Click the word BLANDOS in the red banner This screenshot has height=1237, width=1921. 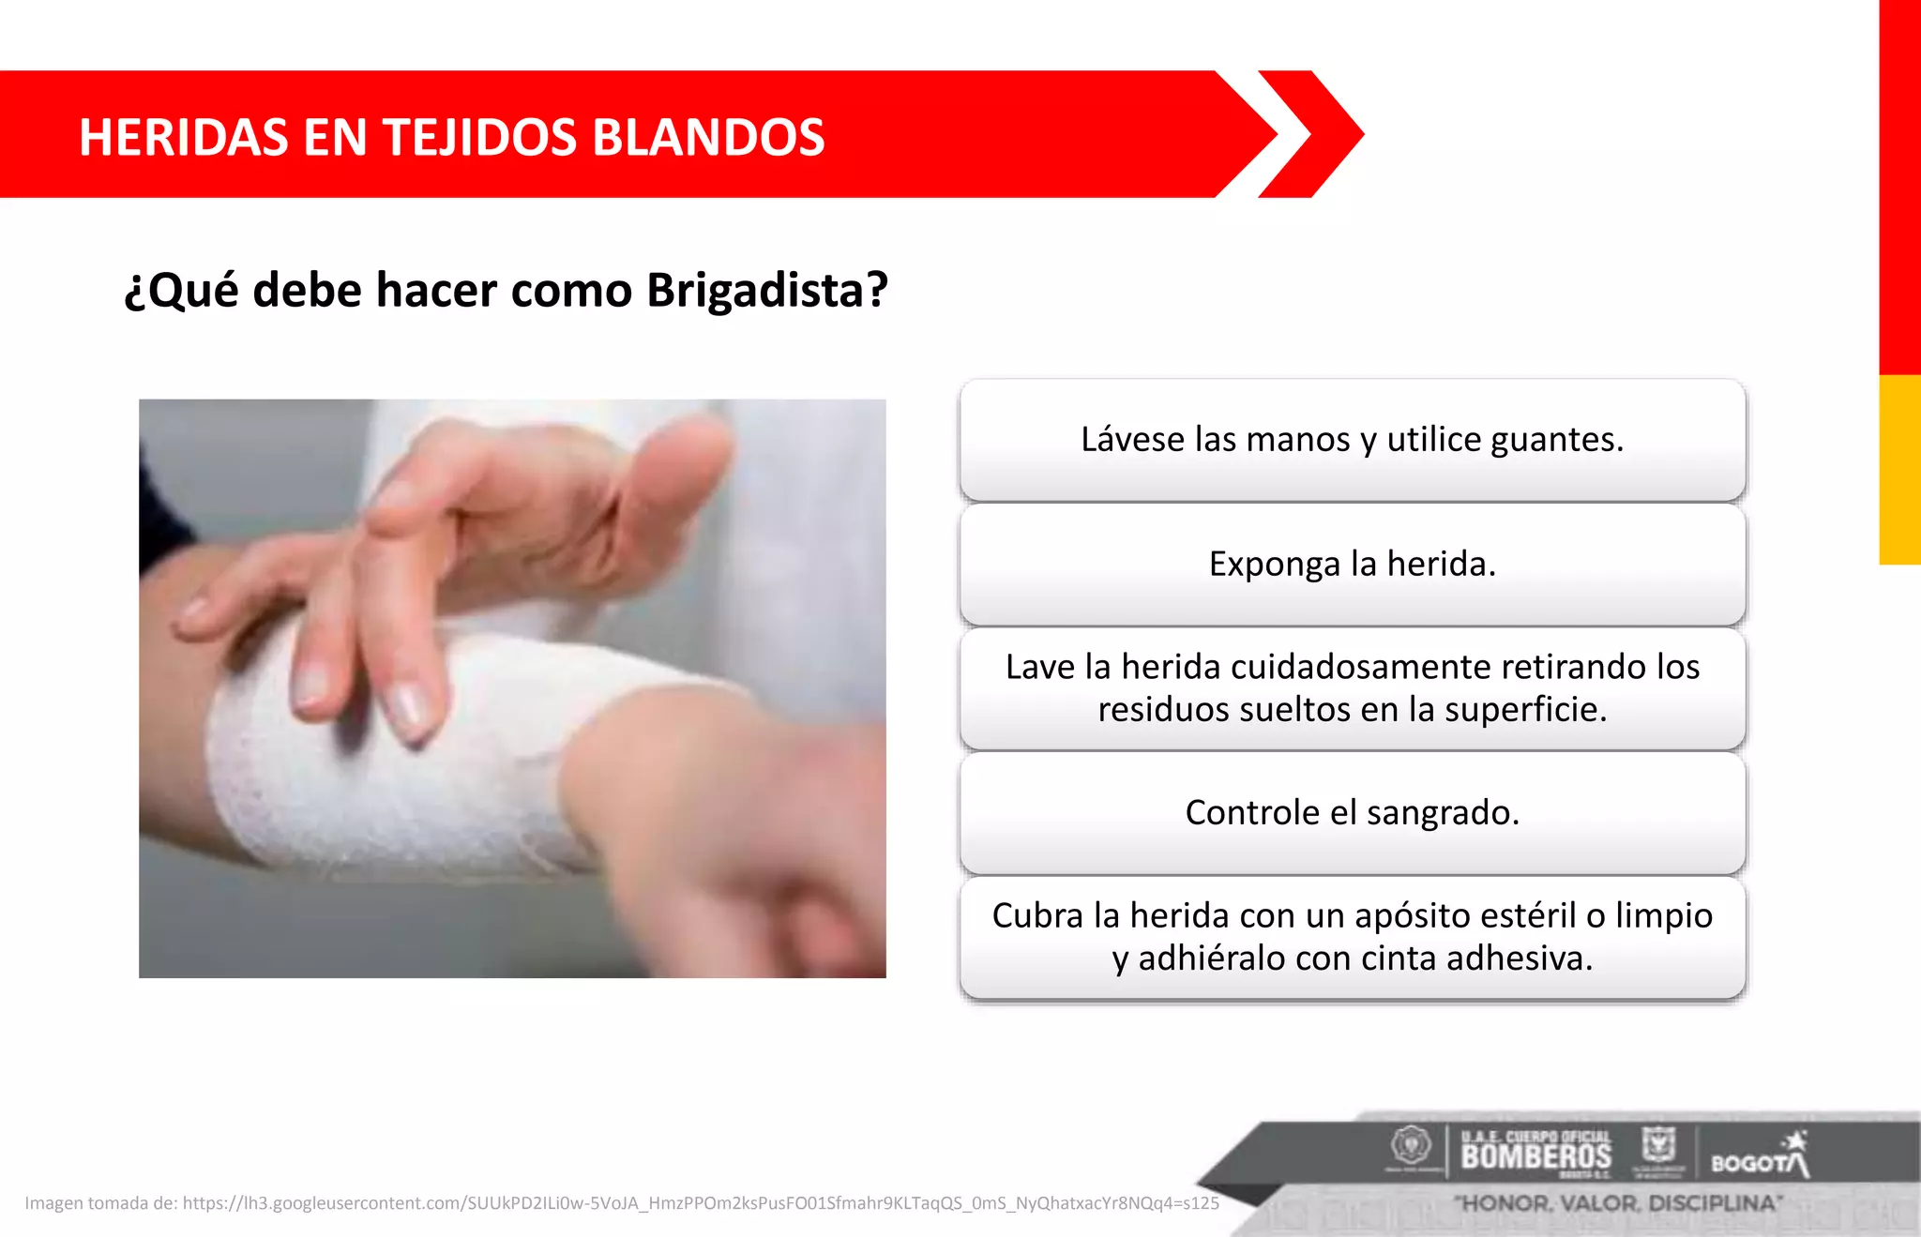click(x=708, y=138)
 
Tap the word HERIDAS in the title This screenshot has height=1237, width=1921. click(x=184, y=138)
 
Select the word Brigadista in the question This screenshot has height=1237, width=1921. click(x=766, y=290)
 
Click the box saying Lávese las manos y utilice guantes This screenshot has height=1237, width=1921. click(x=1352, y=440)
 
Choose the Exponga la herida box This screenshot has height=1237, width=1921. click(x=1352, y=565)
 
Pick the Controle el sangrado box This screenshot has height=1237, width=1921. click(x=1352, y=813)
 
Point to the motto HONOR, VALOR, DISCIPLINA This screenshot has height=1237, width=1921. click(x=1618, y=1203)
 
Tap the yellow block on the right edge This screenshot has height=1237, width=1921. click(x=1899, y=469)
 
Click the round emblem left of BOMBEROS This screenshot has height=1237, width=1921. click(x=1410, y=1146)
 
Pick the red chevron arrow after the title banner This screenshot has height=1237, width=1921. click(x=1311, y=134)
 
